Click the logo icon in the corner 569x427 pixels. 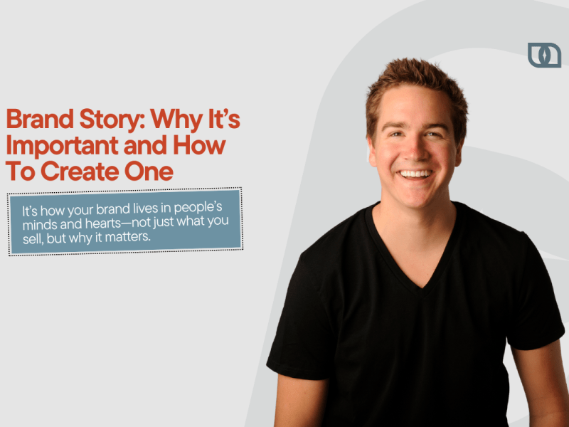[544, 55]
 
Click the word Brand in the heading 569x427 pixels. [36, 120]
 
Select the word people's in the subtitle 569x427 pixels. [206, 209]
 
